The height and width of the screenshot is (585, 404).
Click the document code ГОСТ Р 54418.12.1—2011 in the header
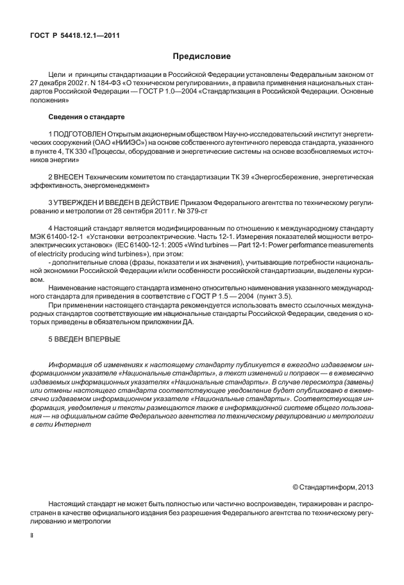tap(75, 35)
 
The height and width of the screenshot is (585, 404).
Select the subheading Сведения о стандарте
tap(86, 117)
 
